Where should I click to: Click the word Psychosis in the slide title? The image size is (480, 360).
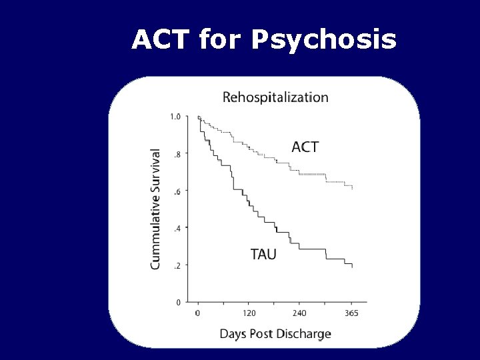tap(324, 41)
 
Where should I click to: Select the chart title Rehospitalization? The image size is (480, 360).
tap(275, 97)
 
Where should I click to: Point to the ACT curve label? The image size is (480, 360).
tap(305, 147)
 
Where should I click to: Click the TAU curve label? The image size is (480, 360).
tap(263, 254)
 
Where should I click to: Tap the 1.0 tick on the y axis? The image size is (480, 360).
tap(175, 117)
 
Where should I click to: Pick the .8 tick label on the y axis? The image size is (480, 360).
tap(177, 154)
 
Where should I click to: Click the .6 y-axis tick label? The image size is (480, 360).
tap(177, 191)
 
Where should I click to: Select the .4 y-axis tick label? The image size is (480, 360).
tap(177, 228)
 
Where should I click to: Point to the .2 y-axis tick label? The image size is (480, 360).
tap(177, 265)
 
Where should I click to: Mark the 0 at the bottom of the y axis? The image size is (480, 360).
tap(178, 302)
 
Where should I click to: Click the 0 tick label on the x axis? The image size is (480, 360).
tap(197, 313)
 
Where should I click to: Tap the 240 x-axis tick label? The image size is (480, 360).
tap(299, 313)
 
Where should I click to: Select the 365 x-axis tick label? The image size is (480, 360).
tap(351, 313)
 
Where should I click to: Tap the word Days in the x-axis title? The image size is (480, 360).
tap(233, 333)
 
